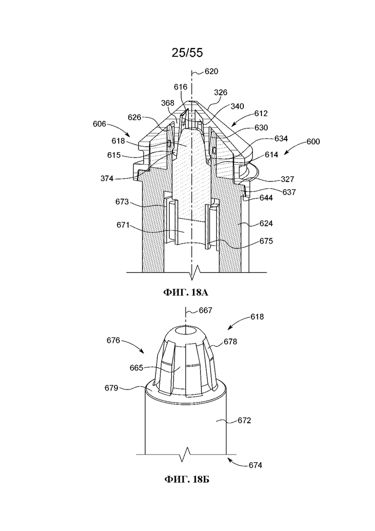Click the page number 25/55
(187, 53)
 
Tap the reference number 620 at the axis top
(212, 71)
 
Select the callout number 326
(221, 92)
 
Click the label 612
(261, 114)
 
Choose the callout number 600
(313, 141)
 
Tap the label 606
(100, 124)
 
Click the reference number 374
(107, 179)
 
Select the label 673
(122, 202)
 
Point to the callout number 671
(123, 225)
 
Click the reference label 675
(266, 241)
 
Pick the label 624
(266, 223)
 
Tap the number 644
(266, 198)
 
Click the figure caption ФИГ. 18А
(186, 292)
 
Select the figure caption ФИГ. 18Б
(187, 479)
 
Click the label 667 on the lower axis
(206, 310)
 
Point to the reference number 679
(111, 388)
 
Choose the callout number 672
(245, 420)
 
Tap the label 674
(255, 466)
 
